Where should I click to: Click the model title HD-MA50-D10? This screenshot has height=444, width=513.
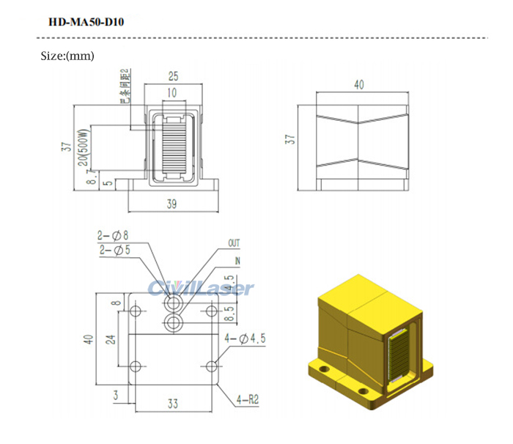(x=86, y=22)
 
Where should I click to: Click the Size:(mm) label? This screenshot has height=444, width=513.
(x=67, y=56)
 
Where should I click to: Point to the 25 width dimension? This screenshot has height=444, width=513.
(x=173, y=76)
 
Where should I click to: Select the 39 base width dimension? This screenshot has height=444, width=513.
(x=171, y=205)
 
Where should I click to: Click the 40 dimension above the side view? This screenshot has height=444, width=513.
(x=359, y=85)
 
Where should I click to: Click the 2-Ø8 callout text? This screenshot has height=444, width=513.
(x=113, y=236)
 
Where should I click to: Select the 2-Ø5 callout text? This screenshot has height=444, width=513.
(x=113, y=250)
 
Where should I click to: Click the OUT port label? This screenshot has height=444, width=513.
(x=234, y=243)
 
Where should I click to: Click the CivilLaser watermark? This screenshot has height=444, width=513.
(x=201, y=288)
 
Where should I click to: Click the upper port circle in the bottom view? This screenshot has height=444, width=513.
(x=174, y=303)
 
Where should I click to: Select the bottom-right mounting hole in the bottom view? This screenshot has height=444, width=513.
(x=212, y=366)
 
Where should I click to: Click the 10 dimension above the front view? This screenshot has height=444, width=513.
(x=171, y=93)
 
